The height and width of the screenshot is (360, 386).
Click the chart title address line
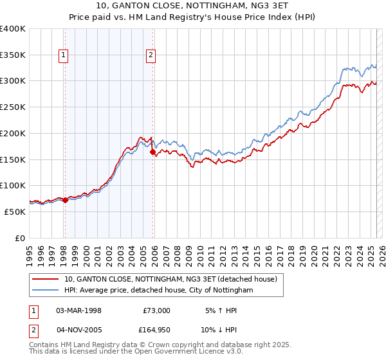(193, 6)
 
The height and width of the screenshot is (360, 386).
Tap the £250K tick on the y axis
(13, 107)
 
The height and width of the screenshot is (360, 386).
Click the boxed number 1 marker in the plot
(64, 56)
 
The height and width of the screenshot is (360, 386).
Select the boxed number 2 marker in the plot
(151, 56)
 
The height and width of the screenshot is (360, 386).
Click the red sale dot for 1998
(65, 200)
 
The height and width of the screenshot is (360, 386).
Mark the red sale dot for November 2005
(152, 152)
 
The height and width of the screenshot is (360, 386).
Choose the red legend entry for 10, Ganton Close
(170, 279)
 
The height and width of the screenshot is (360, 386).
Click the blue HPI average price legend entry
(158, 291)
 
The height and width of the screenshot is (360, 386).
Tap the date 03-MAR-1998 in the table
(79, 310)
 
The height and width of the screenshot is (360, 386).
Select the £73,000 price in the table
(156, 310)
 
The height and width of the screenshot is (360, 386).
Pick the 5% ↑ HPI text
(221, 310)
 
